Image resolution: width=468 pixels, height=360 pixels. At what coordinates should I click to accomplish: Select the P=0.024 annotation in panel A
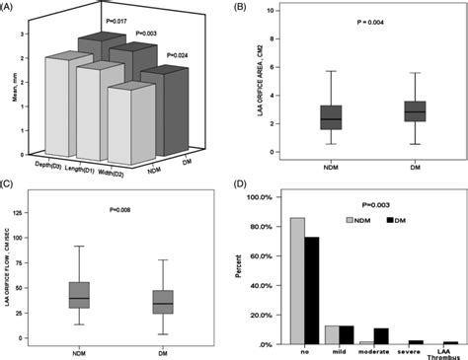pyautogui.click(x=183, y=55)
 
